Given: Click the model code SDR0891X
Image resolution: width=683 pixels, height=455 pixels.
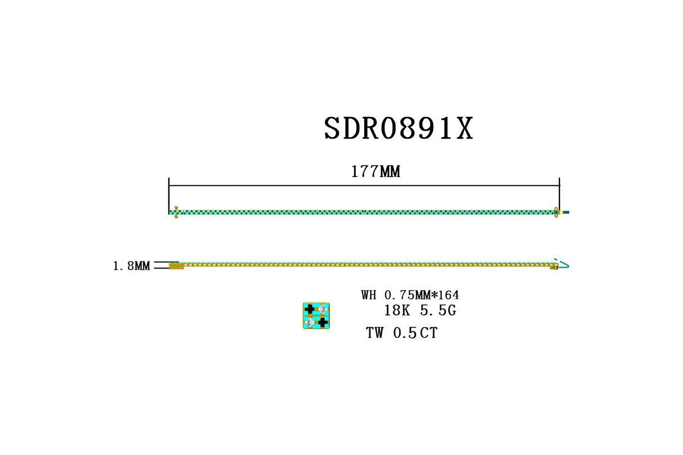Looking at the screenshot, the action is pos(398,129).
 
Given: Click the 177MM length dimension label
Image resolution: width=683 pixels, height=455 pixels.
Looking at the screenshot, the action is pos(376,172).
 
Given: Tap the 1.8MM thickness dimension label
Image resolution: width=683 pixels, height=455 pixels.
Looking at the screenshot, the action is pos(131,266).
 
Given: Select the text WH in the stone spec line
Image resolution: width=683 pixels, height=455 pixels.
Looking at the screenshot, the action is pos(369,295).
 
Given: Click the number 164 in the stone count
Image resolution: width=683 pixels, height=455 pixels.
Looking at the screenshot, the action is pos(449,295).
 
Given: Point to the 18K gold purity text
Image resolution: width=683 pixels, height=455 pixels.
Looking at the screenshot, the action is pos(397,311).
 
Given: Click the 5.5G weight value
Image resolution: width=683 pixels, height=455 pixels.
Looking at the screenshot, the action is pos(438,311).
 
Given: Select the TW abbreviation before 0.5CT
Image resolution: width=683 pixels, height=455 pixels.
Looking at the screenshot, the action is pos(375,333).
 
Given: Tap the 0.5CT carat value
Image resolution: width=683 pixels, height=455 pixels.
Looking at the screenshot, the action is pos(415,333).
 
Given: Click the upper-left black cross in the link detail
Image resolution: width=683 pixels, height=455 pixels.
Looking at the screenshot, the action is pos(310,309).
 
